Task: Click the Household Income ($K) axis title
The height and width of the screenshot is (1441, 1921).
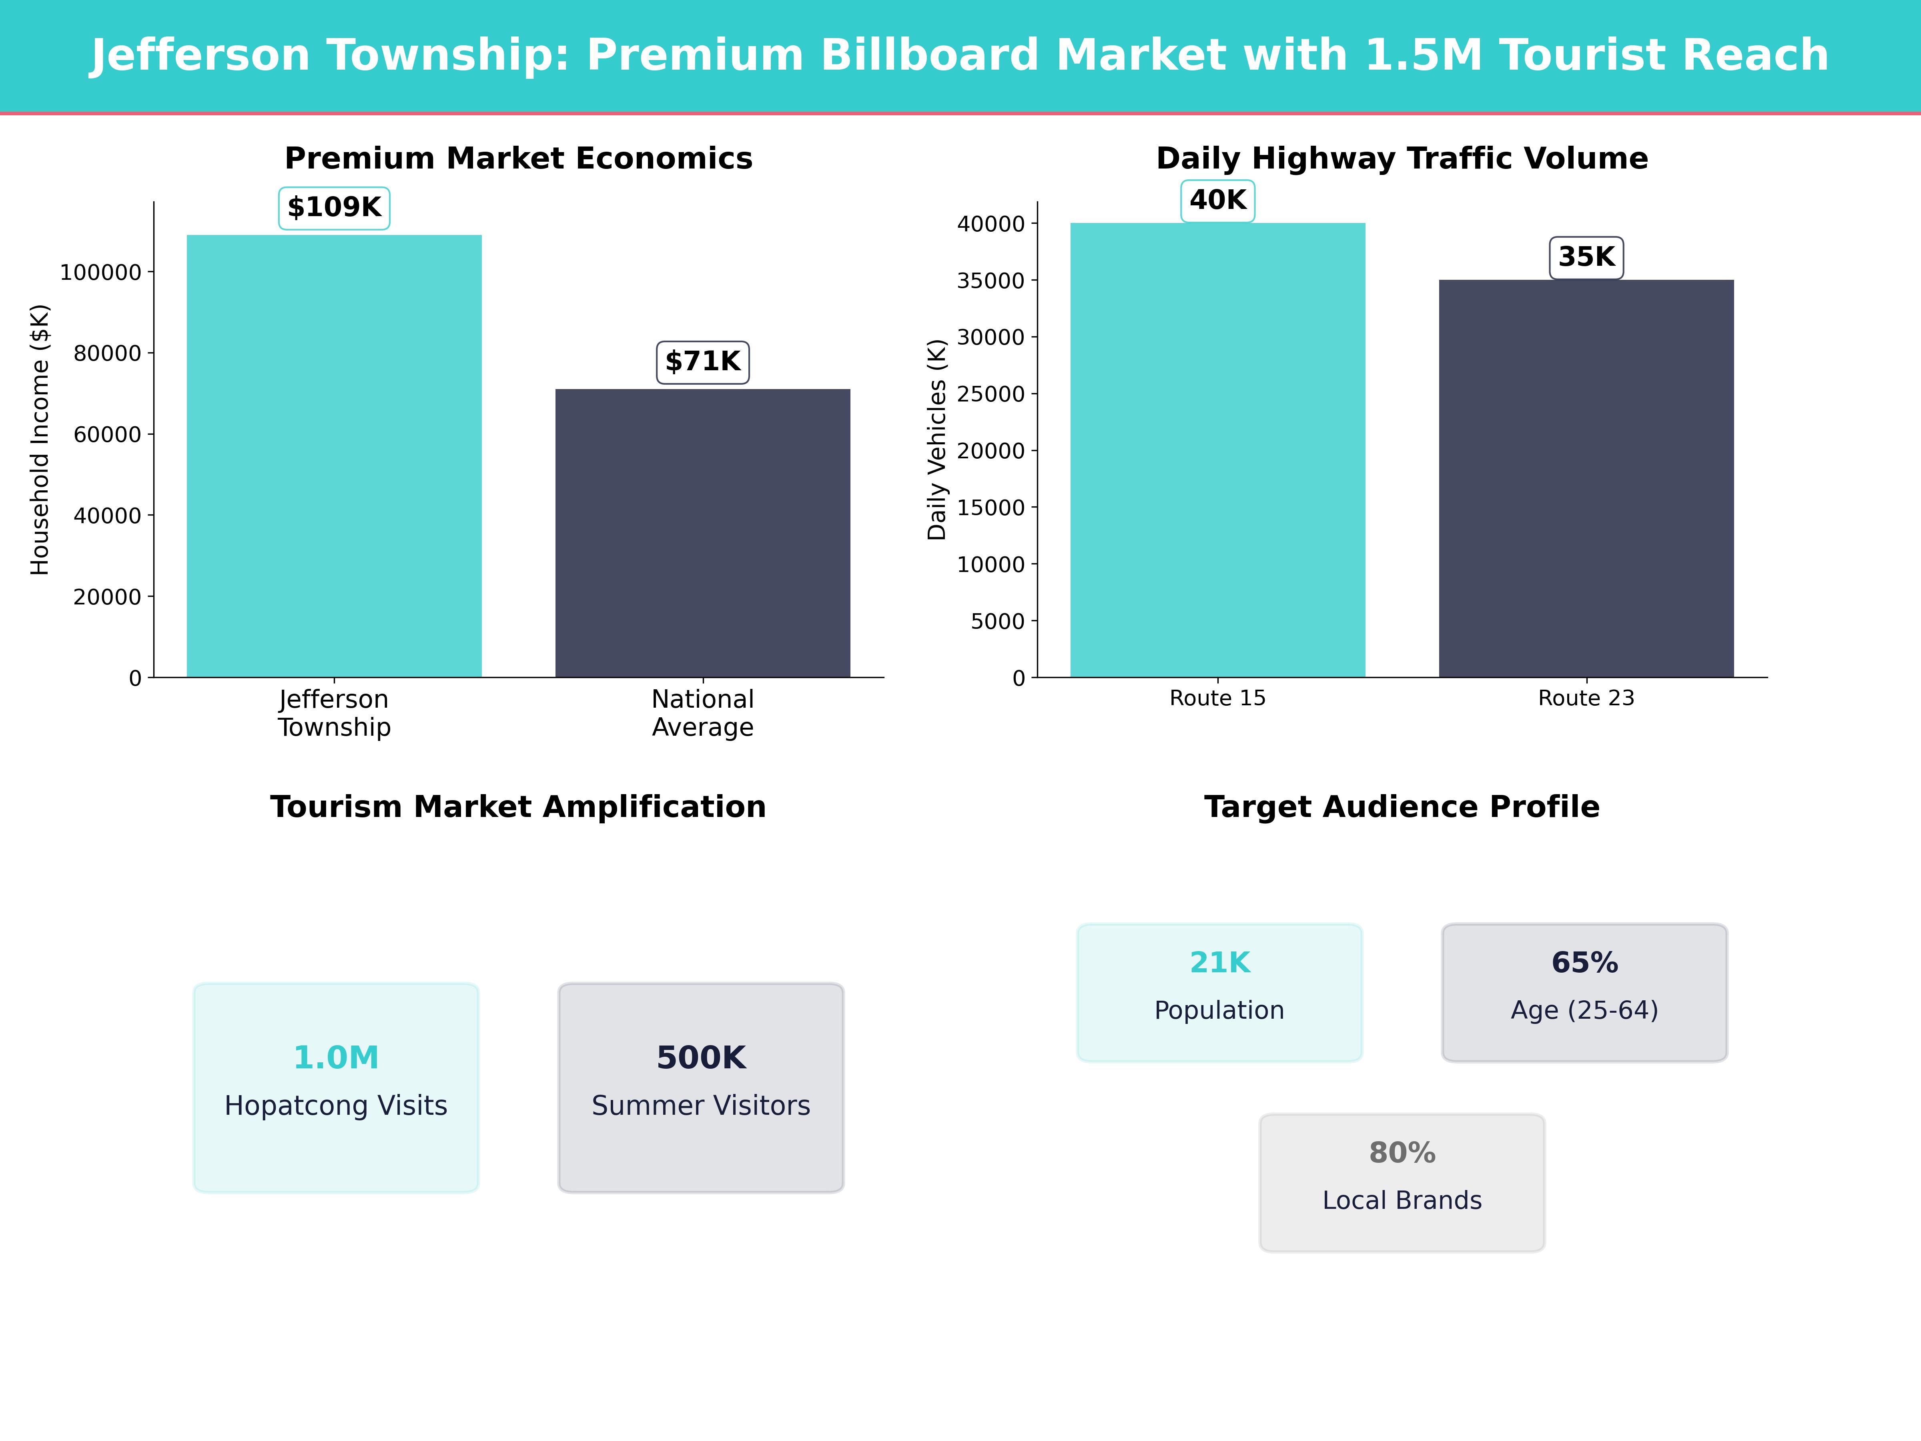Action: point(40,440)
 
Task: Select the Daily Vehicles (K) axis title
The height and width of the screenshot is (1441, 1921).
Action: point(936,440)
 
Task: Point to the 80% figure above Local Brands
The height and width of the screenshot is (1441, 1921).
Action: point(1402,1153)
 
